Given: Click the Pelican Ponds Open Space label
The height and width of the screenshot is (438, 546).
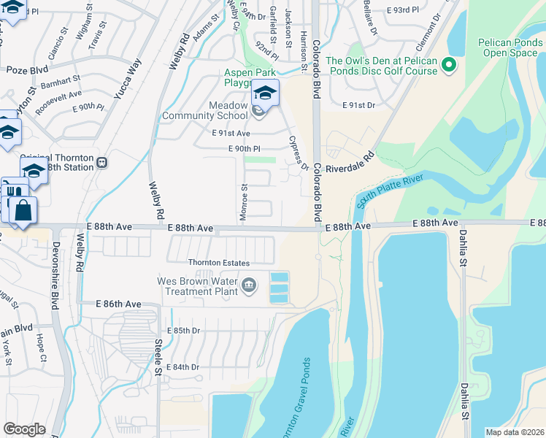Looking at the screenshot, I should click(x=510, y=48).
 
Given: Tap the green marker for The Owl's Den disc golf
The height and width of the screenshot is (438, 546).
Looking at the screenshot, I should click(x=450, y=66).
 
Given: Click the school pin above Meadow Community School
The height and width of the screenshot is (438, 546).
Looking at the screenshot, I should click(x=265, y=93).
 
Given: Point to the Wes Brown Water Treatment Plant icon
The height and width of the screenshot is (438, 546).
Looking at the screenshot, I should click(x=249, y=284).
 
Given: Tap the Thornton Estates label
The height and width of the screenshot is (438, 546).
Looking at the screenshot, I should click(x=219, y=263).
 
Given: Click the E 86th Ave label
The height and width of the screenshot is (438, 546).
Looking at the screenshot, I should click(x=118, y=303).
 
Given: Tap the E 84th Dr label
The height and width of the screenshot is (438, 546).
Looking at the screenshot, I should click(x=183, y=366).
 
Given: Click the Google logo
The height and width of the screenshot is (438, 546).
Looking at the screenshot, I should click(x=25, y=429).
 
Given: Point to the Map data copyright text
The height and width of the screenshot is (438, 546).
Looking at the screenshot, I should click(x=514, y=432).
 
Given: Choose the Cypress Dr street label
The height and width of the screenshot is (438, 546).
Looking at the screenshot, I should click(x=299, y=152).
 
